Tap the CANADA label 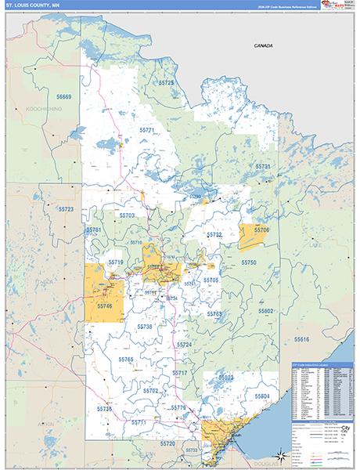[263, 46]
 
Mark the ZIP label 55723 [66, 209]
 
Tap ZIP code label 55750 [249, 262]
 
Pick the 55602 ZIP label [266, 311]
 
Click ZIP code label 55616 [302, 339]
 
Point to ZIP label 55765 [126, 359]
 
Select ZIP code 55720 [167, 443]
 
